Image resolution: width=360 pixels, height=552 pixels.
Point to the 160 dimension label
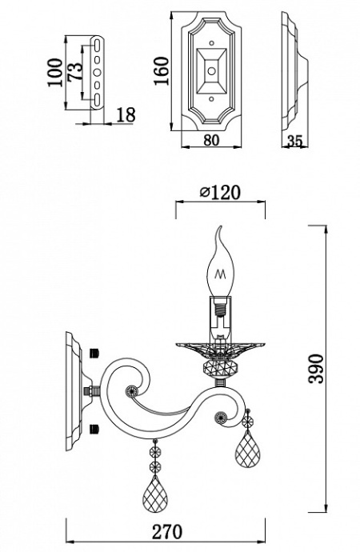(160, 74)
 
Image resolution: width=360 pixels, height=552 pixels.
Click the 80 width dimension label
(210, 141)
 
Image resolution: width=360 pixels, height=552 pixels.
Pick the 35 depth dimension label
(294, 141)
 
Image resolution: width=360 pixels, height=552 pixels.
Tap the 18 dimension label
(125, 115)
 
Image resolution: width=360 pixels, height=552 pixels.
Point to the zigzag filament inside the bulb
(220, 274)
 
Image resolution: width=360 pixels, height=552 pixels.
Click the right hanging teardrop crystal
(247, 453)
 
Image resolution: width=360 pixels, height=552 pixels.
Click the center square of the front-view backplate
(211, 70)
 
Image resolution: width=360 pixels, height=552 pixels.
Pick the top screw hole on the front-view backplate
(211, 36)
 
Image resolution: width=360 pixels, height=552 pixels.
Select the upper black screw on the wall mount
(96, 352)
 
